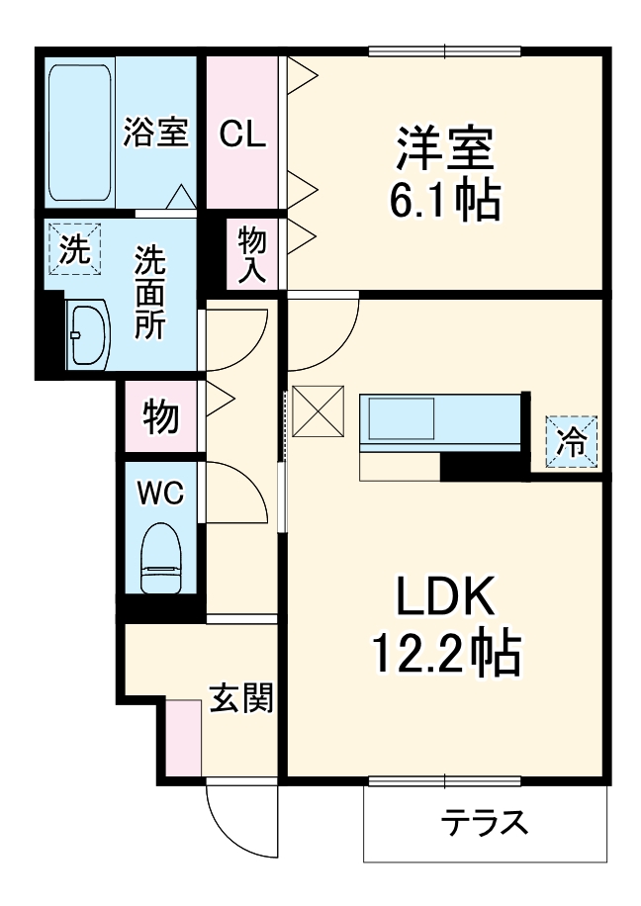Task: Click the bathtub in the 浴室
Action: point(80,132)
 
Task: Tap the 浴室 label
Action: point(155,133)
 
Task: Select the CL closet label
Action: point(243,134)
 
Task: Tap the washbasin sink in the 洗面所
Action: point(88,334)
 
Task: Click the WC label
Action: point(160,494)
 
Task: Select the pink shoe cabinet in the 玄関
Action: point(183,738)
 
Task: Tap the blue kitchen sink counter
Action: point(440,420)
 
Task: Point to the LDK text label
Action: point(445,598)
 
